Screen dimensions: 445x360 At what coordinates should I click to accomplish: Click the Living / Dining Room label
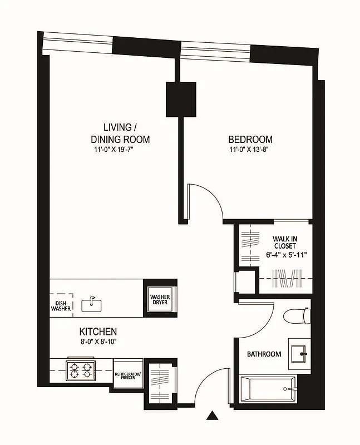coord(120,133)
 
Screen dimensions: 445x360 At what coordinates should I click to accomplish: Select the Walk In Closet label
coord(284,242)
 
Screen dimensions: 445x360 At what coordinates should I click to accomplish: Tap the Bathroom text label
coord(264,354)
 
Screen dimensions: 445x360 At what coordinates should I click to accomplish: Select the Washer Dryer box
coord(160,301)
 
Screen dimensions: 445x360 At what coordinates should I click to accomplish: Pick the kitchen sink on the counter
coord(90,304)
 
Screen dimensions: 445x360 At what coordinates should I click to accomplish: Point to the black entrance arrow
coord(211,416)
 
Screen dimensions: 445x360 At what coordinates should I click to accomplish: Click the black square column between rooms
coord(181,99)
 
